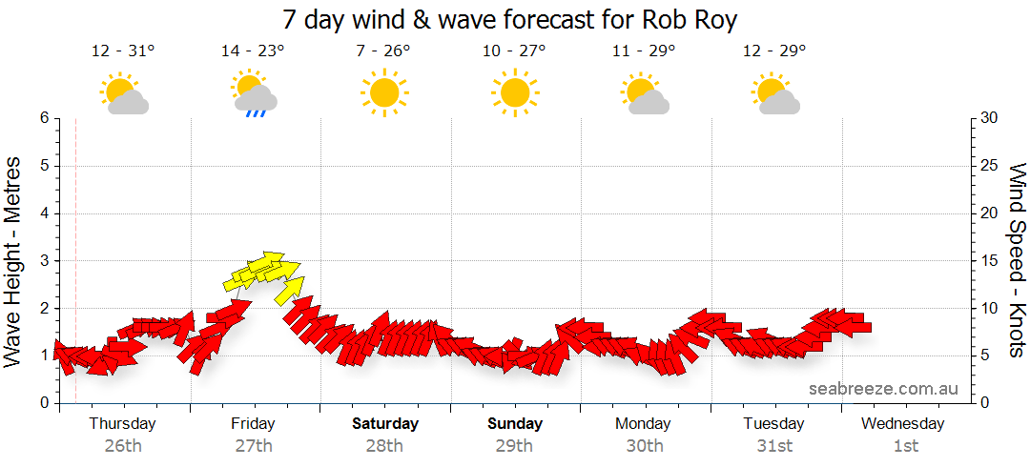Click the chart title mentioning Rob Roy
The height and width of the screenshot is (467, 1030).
[x=510, y=20]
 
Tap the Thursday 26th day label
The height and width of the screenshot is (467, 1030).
[x=122, y=434]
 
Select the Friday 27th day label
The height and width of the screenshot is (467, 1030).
[x=253, y=434]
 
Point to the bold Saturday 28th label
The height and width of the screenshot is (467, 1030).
[x=384, y=434]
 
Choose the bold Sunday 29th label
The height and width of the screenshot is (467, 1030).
[x=515, y=434]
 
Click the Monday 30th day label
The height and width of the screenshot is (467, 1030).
[x=645, y=434]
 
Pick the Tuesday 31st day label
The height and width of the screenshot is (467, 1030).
[x=774, y=434]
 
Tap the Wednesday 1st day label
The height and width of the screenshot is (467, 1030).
[x=905, y=434]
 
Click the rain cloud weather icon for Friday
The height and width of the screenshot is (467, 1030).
[x=256, y=99]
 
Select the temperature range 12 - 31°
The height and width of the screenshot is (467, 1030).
[x=123, y=51]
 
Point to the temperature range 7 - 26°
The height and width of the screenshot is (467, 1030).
[x=383, y=51]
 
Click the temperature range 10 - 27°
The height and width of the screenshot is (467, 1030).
[x=514, y=51]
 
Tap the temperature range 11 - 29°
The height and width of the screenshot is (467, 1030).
[x=644, y=51]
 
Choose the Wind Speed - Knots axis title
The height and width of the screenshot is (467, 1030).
[x=1017, y=259]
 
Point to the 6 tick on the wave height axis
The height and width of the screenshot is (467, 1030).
[x=43, y=118]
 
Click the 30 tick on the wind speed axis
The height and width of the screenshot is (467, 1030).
[x=991, y=118]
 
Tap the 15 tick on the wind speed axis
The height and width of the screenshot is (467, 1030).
[x=991, y=260]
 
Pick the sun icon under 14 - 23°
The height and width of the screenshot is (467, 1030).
[x=246, y=83]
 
